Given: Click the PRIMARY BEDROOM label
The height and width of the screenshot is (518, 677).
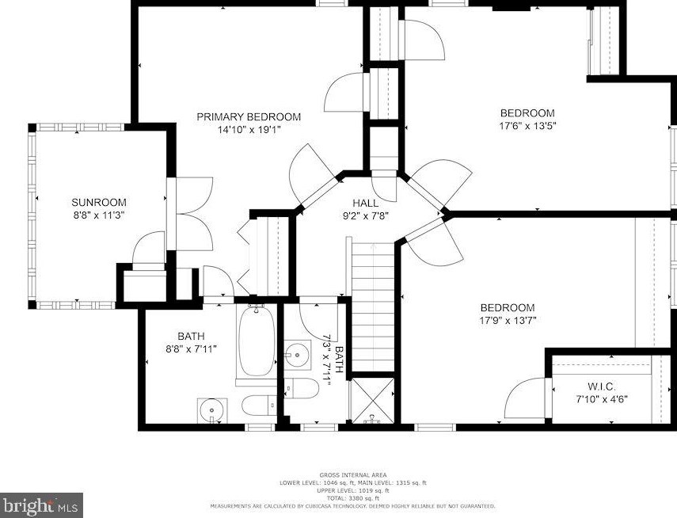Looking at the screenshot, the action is click(x=249, y=117).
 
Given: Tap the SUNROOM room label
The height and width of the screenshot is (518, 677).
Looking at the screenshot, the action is click(x=99, y=203).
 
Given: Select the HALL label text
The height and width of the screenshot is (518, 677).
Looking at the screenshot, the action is click(x=366, y=203).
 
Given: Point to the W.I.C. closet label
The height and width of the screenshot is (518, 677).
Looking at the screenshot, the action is click(x=602, y=387).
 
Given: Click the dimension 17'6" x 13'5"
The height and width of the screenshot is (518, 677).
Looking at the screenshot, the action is click(x=527, y=126).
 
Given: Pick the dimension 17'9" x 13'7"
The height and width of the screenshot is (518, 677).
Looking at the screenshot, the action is click(x=508, y=321).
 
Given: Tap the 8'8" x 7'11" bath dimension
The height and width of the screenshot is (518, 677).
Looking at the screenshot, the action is click(x=192, y=349).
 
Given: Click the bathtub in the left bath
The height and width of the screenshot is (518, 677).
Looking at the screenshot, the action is click(x=257, y=341).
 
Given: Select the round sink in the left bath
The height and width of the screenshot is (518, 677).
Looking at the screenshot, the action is click(x=212, y=410).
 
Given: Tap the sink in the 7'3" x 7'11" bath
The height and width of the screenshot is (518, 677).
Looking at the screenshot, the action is click(x=297, y=355).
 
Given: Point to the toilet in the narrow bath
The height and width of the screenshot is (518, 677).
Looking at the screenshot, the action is click(x=302, y=388).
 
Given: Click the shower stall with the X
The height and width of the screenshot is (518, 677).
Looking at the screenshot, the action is click(x=371, y=401).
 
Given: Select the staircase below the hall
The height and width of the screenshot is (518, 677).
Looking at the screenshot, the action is click(x=374, y=307).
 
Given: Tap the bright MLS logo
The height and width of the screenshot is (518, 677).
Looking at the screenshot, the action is click(x=41, y=505).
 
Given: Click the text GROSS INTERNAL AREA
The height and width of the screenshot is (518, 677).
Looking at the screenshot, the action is click(x=352, y=475).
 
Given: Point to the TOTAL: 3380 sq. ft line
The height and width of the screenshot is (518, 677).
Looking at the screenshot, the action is click(x=352, y=498).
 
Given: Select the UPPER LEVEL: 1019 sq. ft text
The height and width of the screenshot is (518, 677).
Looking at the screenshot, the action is click(x=352, y=491).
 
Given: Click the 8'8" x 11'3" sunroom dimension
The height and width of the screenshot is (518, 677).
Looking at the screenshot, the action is click(x=99, y=215).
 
